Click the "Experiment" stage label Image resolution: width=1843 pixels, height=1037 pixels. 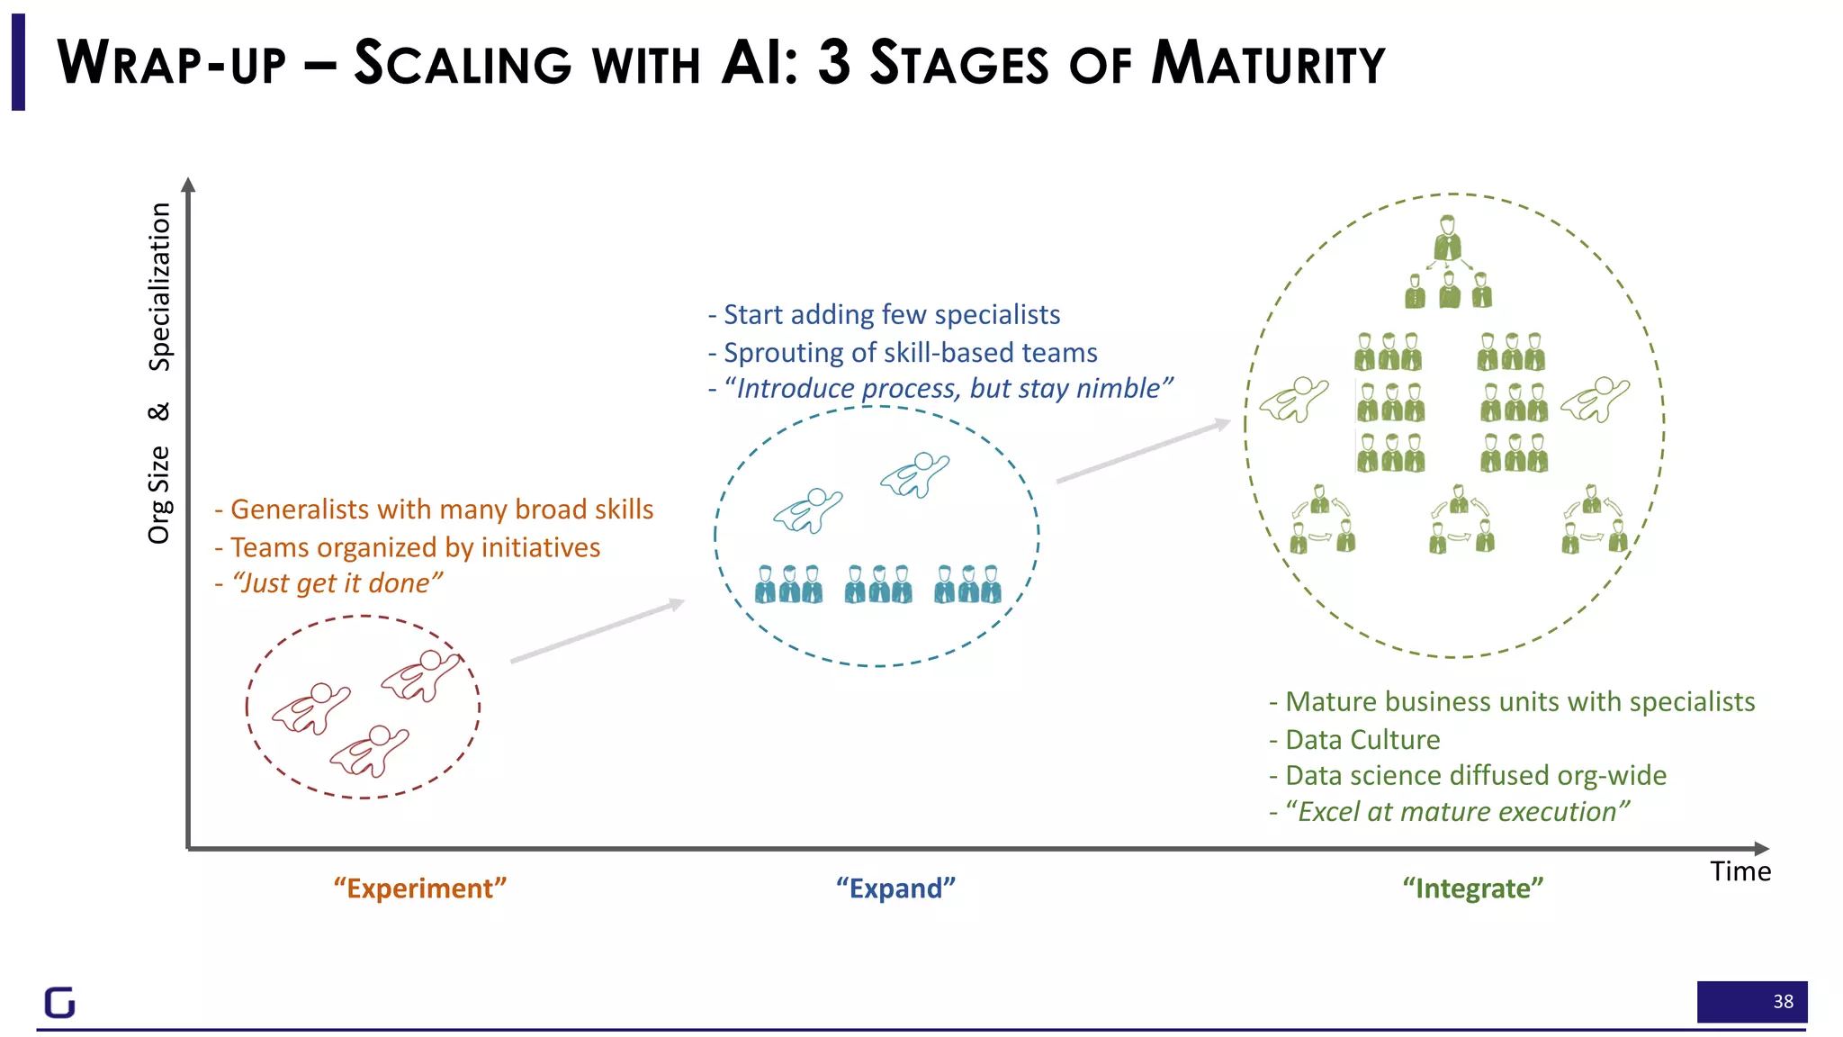coord(420,888)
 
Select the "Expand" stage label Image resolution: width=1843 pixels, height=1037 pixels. coord(895,888)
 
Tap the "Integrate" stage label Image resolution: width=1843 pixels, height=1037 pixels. coord(1472,888)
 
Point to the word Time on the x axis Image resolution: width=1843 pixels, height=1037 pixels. coord(1740,871)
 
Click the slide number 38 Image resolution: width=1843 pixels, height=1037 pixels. coord(1783,1002)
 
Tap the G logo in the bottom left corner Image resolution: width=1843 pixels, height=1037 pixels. coord(60,1002)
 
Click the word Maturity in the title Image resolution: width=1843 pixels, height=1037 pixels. coord(1269,64)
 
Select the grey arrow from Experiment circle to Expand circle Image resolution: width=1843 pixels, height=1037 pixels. coord(597,631)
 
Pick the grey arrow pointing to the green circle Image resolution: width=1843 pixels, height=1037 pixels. coord(1143,450)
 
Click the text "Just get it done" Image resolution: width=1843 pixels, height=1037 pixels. coord(335,583)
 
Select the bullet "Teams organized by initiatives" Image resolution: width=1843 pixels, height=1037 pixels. coord(414,547)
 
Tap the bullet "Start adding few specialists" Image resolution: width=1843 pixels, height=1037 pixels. coord(891,314)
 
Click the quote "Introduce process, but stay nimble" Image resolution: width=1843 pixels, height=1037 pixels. coord(947,388)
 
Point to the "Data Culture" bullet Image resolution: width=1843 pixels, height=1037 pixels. coord(1362,739)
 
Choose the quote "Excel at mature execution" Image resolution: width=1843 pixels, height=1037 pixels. coord(1456,811)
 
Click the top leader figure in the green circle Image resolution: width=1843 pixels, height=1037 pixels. coord(1447,238)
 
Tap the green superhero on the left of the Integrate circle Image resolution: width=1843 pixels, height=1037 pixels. coord(1294,399)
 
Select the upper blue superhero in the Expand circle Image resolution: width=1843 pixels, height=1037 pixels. coord(915,473)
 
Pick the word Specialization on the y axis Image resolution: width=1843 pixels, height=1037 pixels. coord(159,286)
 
